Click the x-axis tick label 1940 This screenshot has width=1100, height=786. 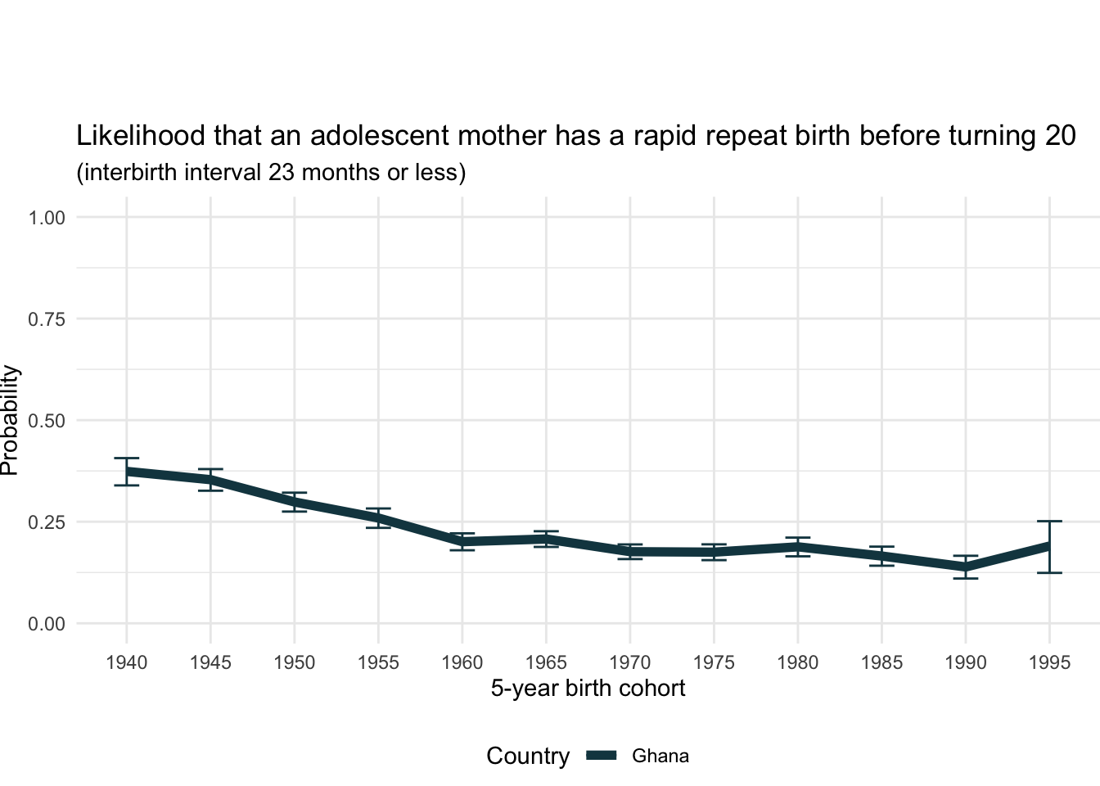[x=127, y=662]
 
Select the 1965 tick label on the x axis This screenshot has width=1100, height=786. [x=546, y=662]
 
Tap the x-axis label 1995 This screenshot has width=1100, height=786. [x=1049, y=662]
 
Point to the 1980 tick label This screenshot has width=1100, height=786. [x=797, y=662]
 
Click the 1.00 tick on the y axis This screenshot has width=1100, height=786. [x=47, y=218]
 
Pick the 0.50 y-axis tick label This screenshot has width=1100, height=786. [x=47, y=421]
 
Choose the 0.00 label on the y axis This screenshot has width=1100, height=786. [x=47, y=625]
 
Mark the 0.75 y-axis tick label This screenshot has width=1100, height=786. [x=47, y=319]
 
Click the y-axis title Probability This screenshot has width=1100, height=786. [x=10, y=420]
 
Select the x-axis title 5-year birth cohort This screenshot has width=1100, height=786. [x=588, y=689]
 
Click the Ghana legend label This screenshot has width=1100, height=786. [x=660, y=757]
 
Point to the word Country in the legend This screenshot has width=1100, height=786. [x=528, y=757]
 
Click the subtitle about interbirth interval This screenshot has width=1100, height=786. [x=271, y=173]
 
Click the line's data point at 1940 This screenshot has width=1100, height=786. [x=127, y=472]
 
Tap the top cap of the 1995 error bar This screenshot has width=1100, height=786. [x=1049, y=521]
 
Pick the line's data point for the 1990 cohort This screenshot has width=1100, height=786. [x=966, y=567]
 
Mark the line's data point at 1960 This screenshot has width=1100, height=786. [x=462, y=542]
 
